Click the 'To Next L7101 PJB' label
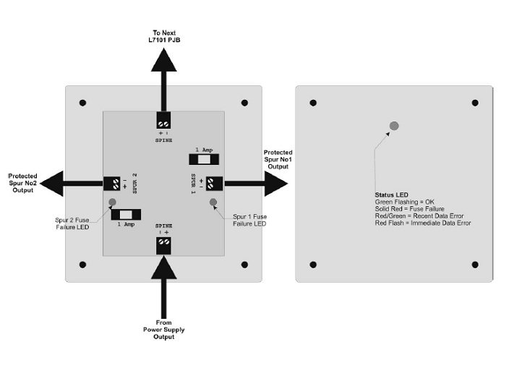coord(164,36)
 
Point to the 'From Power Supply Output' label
coord(163,330)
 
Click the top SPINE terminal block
coord(164,119)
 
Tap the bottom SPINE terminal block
coord(164,245)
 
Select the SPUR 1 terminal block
coord(215,184)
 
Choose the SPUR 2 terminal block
coord(112,184)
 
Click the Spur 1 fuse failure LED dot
coord(213,202)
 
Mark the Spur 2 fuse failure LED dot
coord(112,202)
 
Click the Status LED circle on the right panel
coord(393,126)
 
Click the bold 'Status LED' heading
coord(392,195)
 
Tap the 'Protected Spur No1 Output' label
coord(278,160)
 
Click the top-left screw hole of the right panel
coord(313,102)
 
